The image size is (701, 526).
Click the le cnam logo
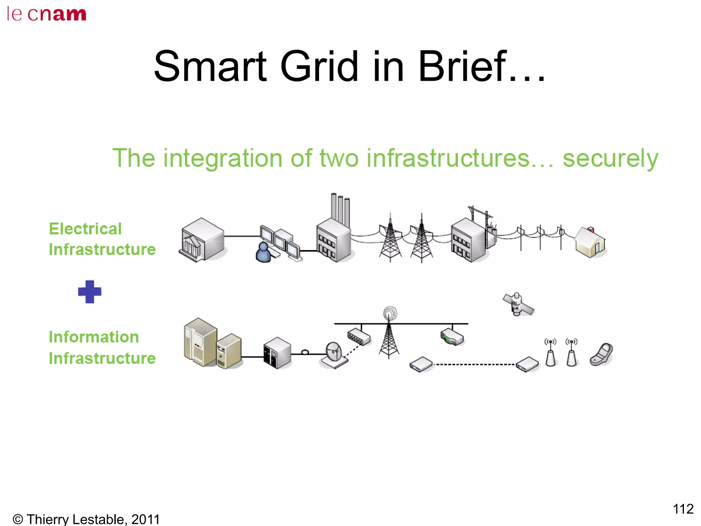[x=47, y=14]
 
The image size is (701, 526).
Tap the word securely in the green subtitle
[x=610, y=159]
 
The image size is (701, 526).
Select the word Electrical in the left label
[x=85, y=229]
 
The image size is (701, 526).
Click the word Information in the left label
[x=94, y=337]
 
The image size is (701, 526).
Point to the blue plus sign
[x=90, y=292]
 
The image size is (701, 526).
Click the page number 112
[x=683, y=509]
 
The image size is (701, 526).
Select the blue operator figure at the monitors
[x=263, y=253]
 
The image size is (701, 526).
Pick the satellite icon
[x=518, y=304]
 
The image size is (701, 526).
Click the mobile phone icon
[x=602, y=355]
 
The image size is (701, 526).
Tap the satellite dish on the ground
[x=333, y=355]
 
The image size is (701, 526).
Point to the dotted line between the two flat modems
[x=474, y=365]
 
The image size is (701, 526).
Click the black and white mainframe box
[x=277, y=353]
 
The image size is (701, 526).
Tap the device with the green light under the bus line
[x=452, y=337]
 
